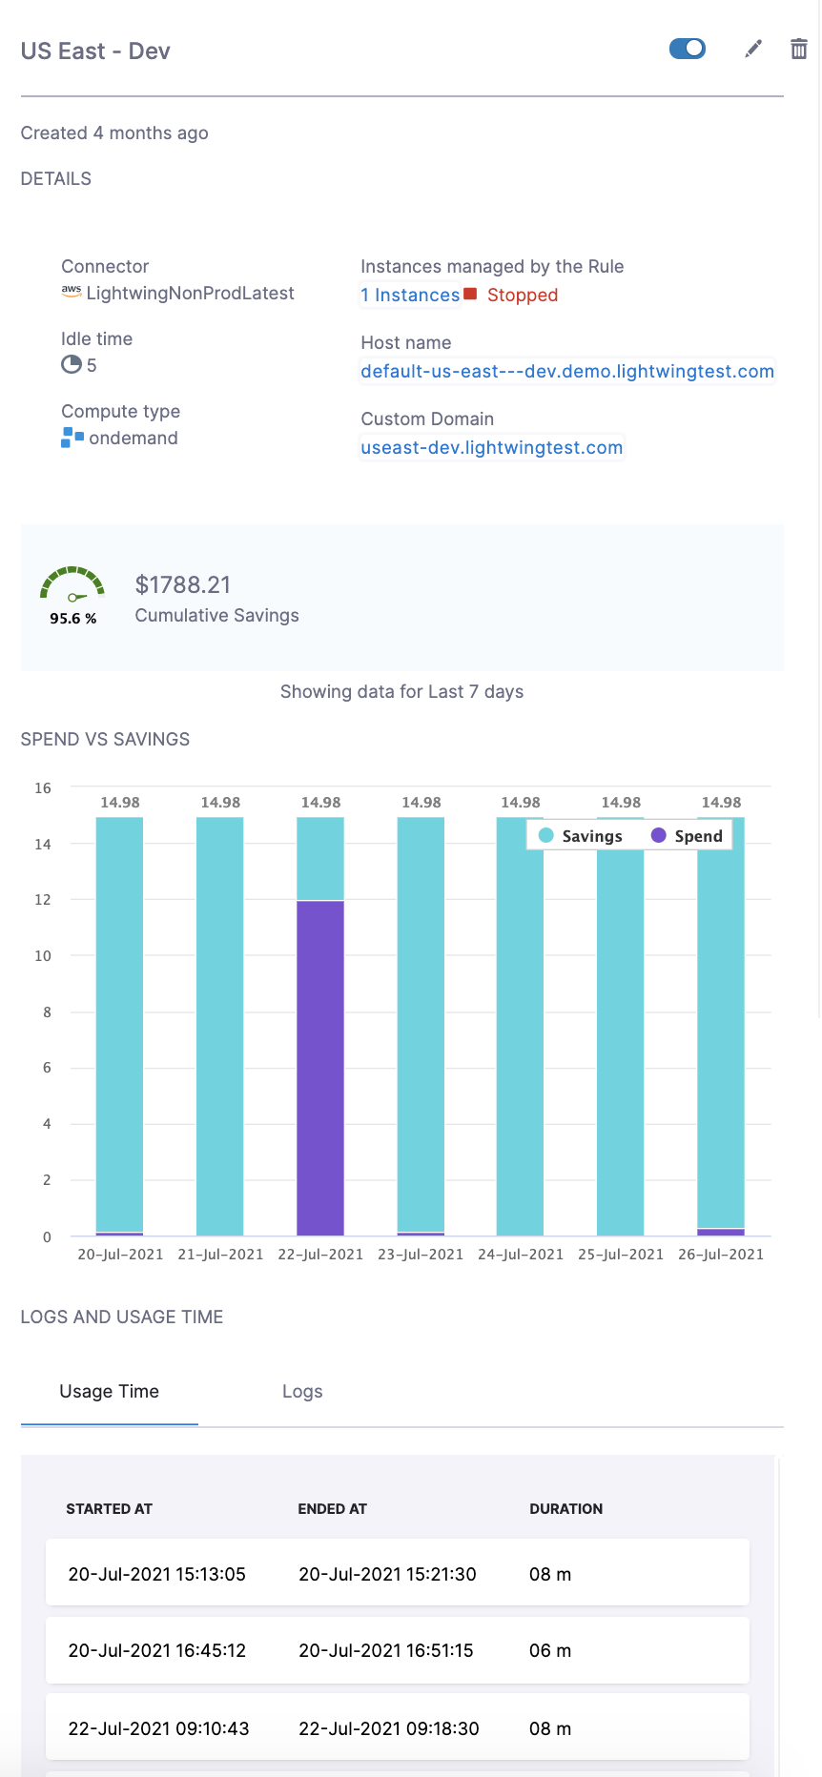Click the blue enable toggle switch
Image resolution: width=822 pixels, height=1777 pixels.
[688, 49]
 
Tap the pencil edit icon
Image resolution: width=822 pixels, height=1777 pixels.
[753, 49]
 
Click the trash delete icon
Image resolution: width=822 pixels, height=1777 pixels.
[799, 49]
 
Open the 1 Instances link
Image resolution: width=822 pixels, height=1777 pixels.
[410, 296]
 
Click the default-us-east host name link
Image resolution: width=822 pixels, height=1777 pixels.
[567, 372]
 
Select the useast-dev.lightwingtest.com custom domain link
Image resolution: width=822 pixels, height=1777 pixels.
[492, 448]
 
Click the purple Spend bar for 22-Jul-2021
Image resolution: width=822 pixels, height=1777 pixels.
[320, 1068]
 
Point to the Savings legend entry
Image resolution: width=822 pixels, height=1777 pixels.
[582, 836]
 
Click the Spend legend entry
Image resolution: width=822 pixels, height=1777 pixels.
[688, 836]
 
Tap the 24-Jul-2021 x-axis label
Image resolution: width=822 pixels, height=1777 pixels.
[521, 1255]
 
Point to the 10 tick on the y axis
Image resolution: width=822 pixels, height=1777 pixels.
[43, 956]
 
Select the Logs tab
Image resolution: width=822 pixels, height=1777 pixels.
[302, 1392]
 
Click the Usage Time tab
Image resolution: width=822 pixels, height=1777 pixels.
[110, 1392]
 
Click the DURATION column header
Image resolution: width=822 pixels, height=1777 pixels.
[566, 1509]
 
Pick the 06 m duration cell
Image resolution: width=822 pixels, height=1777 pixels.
[550, 1651]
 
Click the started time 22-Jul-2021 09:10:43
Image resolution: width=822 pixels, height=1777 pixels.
[158, 1729]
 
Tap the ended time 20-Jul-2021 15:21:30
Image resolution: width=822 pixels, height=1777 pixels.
[387, 1575]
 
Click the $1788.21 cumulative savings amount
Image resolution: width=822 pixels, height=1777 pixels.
[183, 585]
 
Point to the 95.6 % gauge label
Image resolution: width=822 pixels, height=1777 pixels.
[73, 619]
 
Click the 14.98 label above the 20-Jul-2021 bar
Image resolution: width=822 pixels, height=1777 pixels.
[120, 803]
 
